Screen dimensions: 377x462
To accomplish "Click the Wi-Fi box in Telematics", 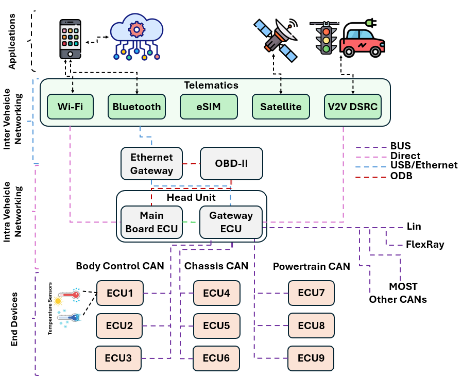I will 70,107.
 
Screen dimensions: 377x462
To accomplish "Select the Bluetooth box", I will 136,107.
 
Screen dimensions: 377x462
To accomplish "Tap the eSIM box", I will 208,107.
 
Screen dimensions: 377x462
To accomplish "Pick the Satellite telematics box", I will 281,107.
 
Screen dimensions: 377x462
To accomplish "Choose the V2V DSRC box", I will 353,107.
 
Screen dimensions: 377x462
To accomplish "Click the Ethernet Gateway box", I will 151,163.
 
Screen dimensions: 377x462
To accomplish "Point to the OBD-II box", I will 231,163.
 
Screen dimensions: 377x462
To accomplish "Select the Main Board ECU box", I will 151,222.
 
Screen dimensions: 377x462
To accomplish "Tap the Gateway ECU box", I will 231,222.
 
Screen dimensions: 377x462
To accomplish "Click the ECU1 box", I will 119,293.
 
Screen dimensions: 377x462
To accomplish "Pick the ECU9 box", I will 311,358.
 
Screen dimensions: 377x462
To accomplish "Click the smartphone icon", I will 71,39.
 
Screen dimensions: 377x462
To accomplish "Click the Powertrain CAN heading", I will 312,267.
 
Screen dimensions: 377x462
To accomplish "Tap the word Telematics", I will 212,85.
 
